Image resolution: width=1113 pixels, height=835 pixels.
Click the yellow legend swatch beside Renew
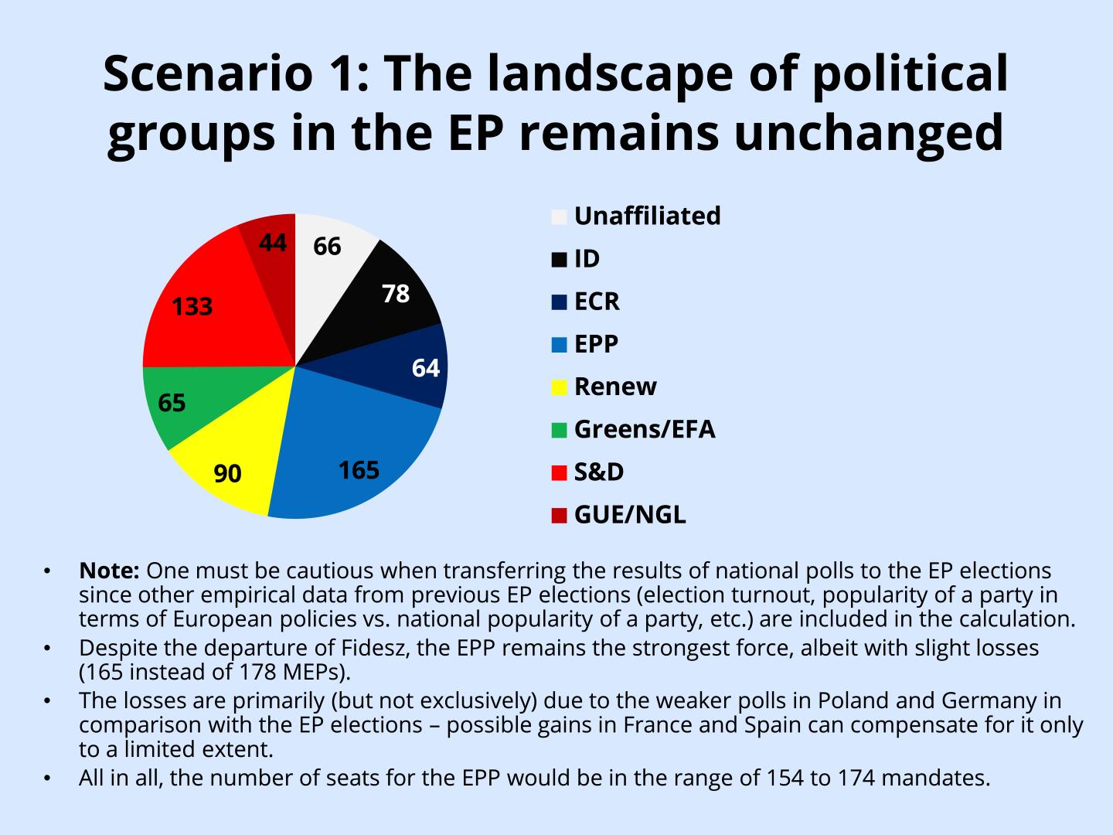pos(559,387)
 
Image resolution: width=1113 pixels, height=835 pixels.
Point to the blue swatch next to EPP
pos(559,345)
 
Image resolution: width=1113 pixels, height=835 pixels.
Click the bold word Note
pos(108,571)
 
